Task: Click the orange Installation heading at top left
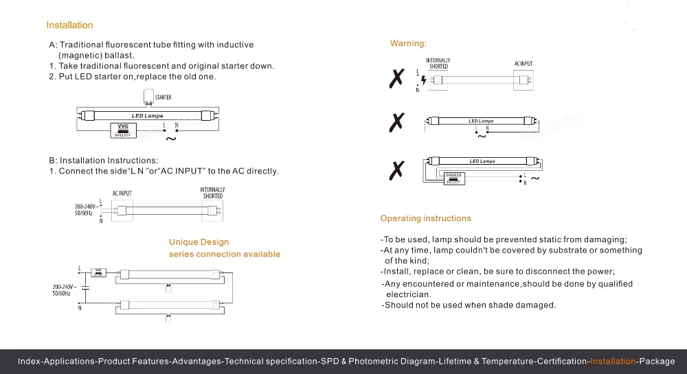pos(69,25)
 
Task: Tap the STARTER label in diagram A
pos(163,97)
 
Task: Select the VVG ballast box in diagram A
pos(124,129)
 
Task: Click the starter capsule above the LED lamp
pos(148,97)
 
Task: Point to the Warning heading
pos(408,44)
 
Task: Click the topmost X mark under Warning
pos(396,79)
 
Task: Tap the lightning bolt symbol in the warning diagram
pos(423,80)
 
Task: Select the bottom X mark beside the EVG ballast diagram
pos(396,170)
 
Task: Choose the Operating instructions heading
pos(426,218)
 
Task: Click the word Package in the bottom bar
pos(657,362)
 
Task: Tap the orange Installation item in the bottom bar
pos(613,362)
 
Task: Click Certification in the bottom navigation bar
pos(563,362)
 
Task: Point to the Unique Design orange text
pos(199,242)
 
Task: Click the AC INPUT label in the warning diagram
pos(523,64)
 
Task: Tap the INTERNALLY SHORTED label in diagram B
pos(212,193)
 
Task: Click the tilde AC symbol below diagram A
pos(172,139)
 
